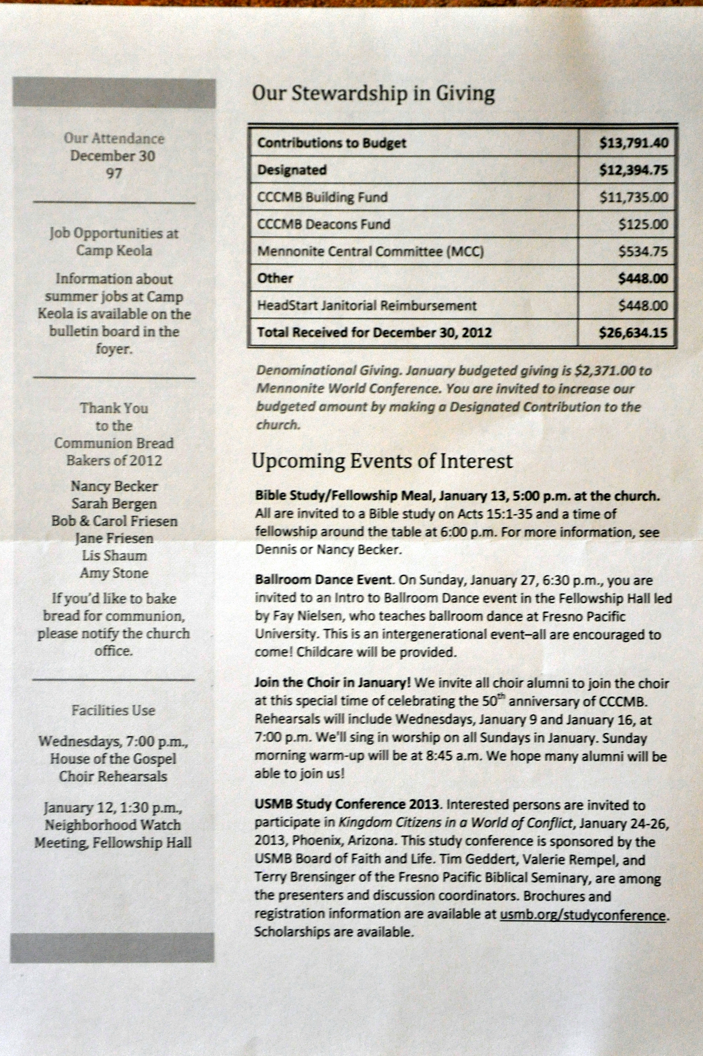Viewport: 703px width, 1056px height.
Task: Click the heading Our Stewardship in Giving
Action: (373, 94)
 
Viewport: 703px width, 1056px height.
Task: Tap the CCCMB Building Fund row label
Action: (322, 197)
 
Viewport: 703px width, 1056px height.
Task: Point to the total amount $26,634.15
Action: (633, 333)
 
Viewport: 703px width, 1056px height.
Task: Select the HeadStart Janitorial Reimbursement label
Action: (366, 306)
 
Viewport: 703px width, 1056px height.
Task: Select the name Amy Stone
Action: (114, 573)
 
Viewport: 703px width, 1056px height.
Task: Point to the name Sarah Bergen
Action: (114, 504)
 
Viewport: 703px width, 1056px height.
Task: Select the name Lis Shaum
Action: (114, 556)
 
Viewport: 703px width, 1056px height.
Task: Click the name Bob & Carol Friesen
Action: (114, 521)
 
